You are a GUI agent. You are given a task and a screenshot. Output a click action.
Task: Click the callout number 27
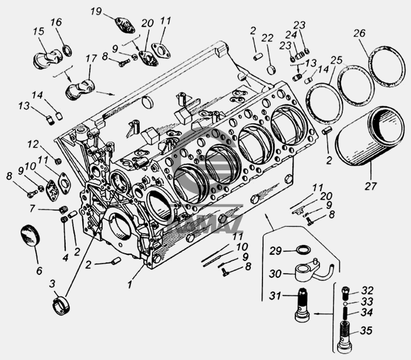370,186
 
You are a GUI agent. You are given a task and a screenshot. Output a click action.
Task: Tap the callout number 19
96,11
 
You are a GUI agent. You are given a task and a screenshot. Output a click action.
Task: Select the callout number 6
39,271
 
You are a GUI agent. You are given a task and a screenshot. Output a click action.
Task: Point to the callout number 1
129,284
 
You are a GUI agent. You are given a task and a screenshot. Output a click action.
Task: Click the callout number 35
366,331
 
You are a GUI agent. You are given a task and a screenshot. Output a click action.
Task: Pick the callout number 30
275,274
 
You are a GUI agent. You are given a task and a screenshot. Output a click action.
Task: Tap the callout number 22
267,38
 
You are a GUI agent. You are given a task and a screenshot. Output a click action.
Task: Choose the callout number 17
91,59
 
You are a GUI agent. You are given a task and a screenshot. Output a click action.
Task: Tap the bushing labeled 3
61,305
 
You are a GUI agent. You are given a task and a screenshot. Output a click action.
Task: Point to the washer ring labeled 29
302,249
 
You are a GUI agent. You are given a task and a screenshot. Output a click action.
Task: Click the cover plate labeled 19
124,25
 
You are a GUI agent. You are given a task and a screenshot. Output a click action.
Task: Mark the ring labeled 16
67,51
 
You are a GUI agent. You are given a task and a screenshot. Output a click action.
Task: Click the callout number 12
33,144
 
